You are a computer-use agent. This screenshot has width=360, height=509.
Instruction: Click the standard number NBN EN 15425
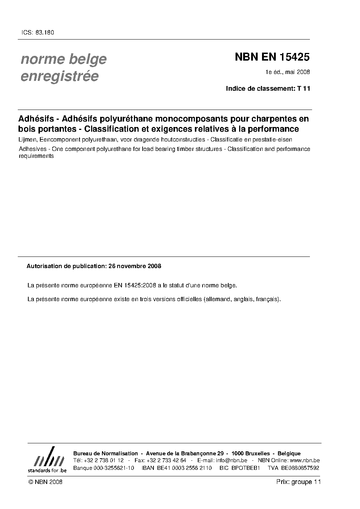coord(272,57)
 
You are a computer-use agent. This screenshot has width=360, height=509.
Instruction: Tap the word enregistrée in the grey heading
coord(60,77)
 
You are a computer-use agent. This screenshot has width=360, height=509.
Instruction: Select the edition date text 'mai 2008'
coord(298,72)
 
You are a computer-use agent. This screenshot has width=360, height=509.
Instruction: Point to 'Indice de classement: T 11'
coord(268,89)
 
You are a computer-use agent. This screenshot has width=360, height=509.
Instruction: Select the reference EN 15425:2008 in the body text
coord(135,286)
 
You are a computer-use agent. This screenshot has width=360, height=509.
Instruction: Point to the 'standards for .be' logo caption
coord(47,470)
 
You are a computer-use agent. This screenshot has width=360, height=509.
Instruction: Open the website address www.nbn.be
coord(305,460)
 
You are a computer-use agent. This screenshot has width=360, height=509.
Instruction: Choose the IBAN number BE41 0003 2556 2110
coord(184,468)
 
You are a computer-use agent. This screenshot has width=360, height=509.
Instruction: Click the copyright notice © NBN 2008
coord(45,482)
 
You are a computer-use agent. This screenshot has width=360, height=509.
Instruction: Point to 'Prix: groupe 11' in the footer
coord(298,482)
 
